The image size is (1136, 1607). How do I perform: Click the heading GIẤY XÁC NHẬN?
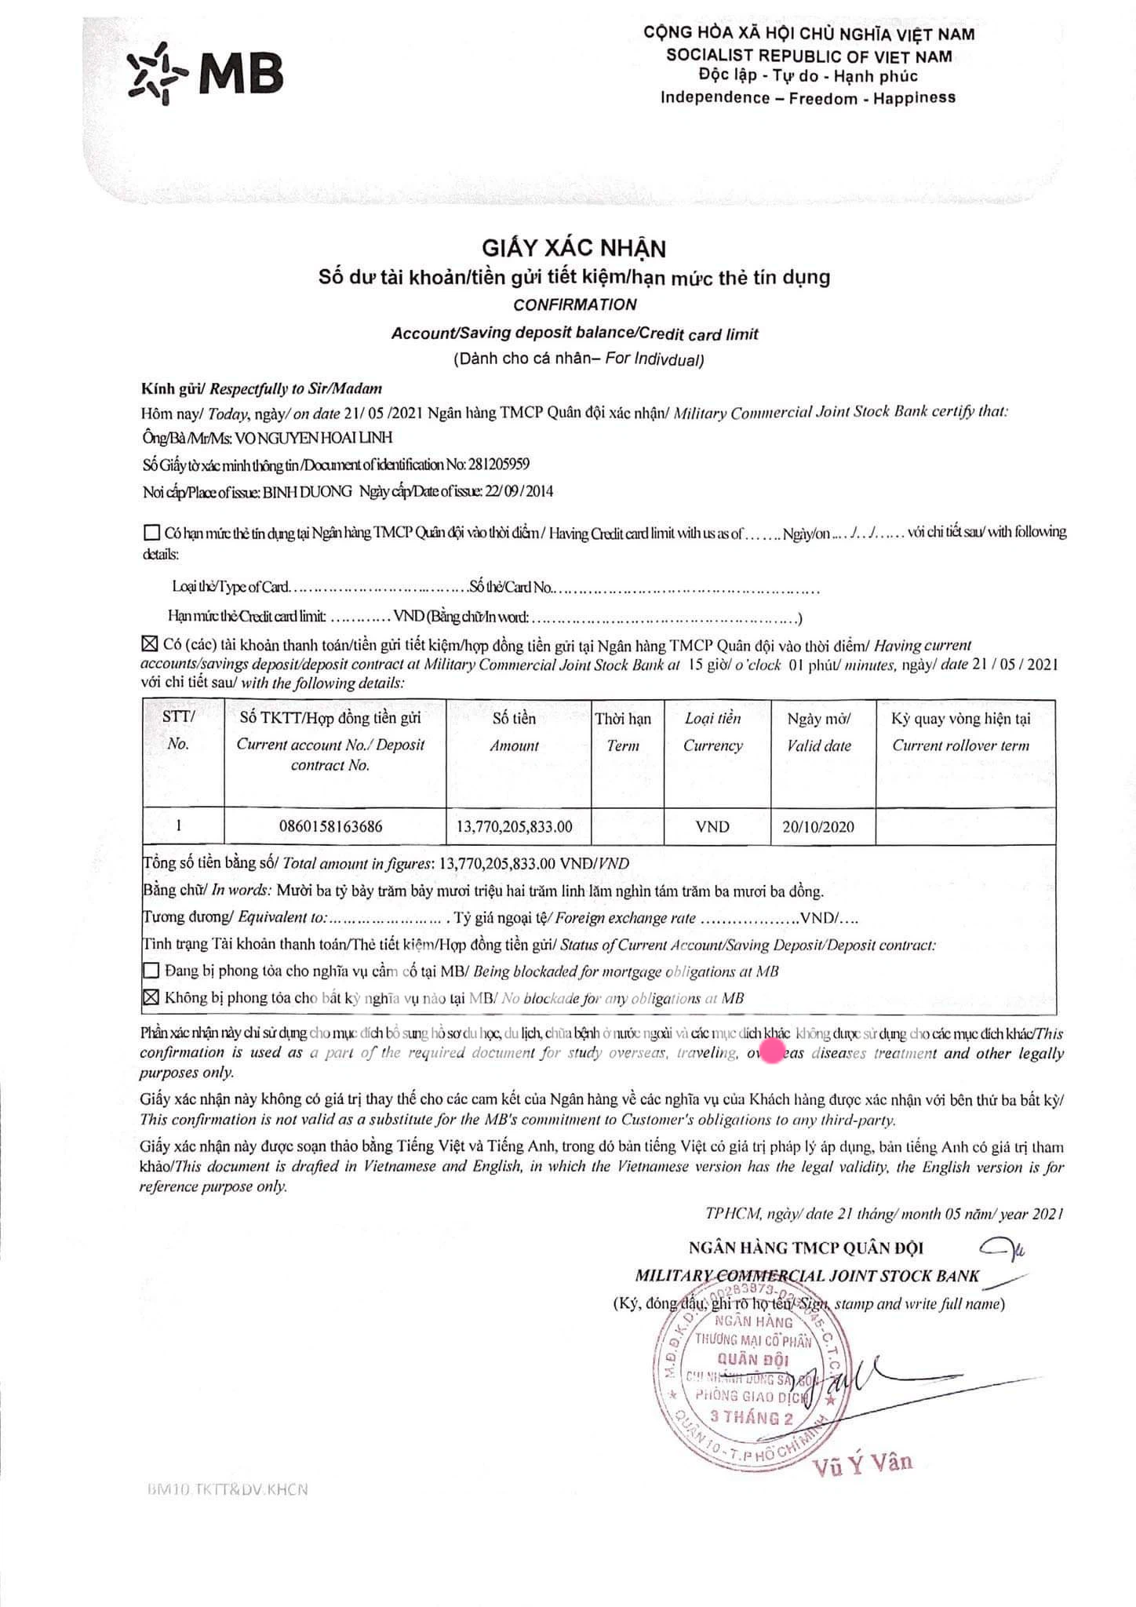573,249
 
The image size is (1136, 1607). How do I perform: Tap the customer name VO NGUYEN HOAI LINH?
314,437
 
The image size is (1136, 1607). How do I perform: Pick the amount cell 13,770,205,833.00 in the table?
515,825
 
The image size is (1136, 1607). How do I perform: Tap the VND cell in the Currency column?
712,826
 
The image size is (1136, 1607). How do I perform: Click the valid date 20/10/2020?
818,826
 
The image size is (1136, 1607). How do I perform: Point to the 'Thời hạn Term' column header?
623,731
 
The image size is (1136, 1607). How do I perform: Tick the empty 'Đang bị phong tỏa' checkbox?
151,971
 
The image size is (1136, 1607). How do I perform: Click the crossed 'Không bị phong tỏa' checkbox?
151,997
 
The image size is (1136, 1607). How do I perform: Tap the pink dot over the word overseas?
772,1051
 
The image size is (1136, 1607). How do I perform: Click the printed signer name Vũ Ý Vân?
864,1462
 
